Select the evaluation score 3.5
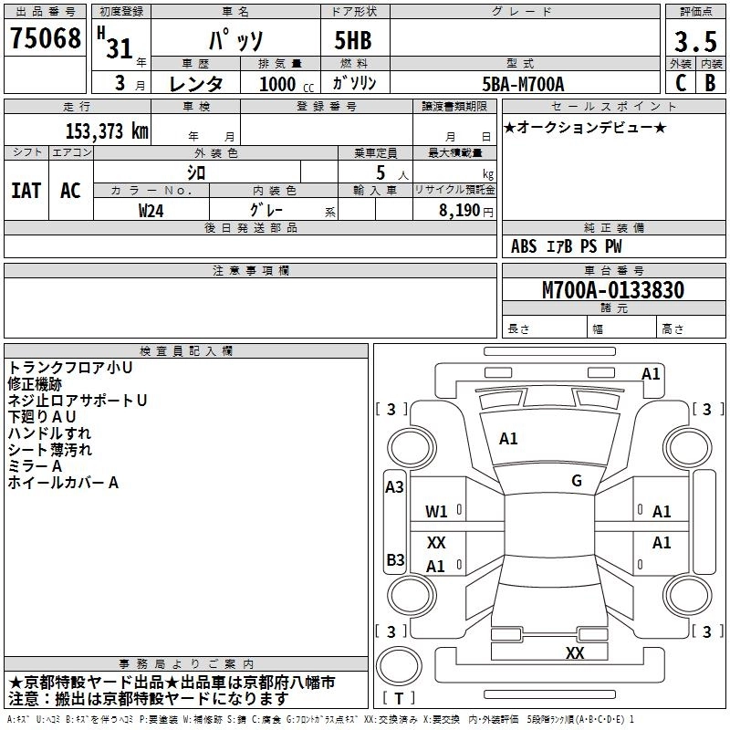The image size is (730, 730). pyautogui.click(x=695, y=42)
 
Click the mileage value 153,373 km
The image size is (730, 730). pyautogui.click(x=107, y=130)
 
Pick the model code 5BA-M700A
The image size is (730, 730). pyautogui.click(x=523, y=84)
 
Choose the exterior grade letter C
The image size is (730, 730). pyautogui.click(x=680, y=83)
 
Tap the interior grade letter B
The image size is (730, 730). pyautogui.click(x=711, y=83)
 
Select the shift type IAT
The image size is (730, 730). pyautogui.click(x=26, y=191)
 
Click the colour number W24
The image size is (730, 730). pyautogui.click(x=151, y=210)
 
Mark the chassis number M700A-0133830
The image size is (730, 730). pyautogui.click(x=613, y=290)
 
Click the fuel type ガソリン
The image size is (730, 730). pyautogui.click(x=355, y=83)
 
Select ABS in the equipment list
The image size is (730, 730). pyautogui.click(x=524, y=246)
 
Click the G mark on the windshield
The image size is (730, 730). pyautogui.click(x=577, y=481)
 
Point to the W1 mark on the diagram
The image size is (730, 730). pyautogui.click(x=436, y=512)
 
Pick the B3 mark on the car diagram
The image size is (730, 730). pyautogui.click(x=395, y=559)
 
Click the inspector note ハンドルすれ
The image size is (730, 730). pyautogui.click(x=49, y=433)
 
